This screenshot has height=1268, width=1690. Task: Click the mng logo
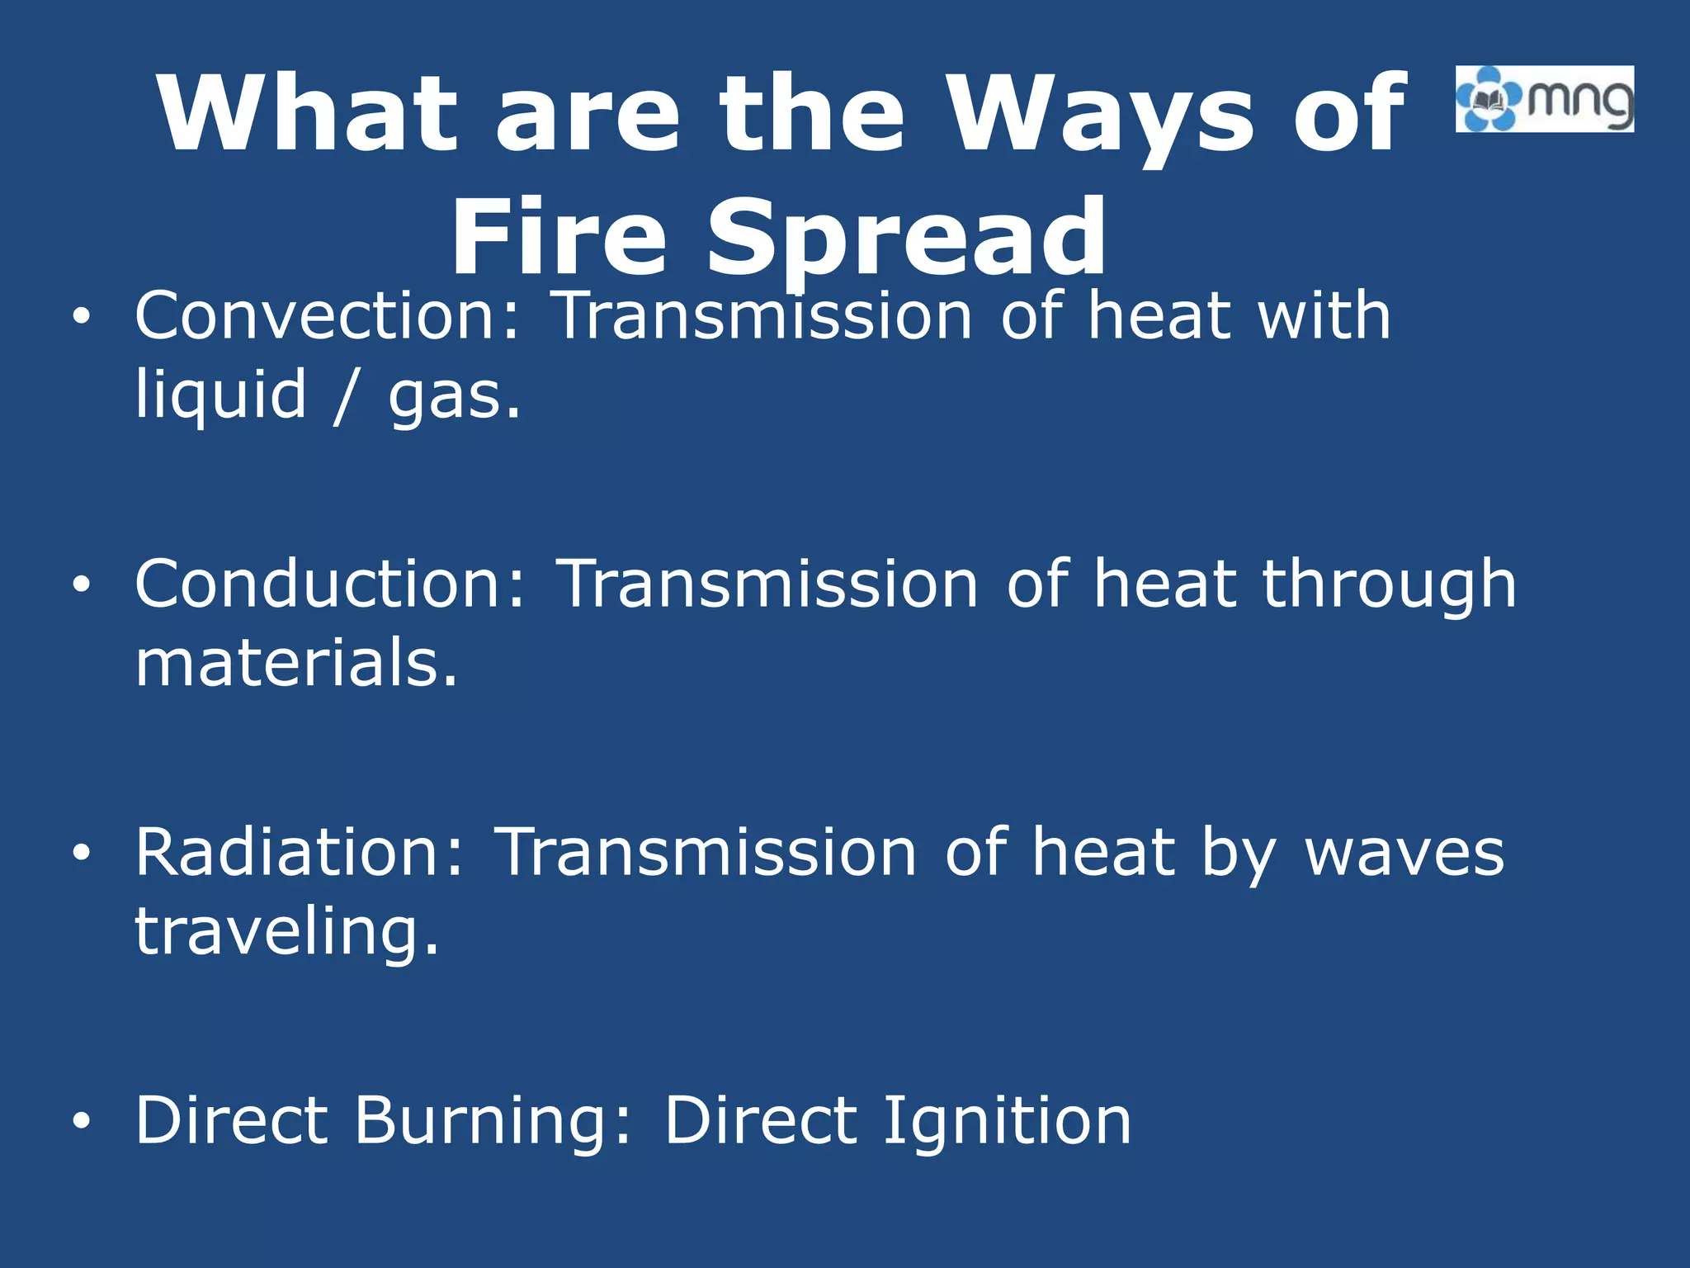pos(1544,99)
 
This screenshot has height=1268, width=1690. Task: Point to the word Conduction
pos(330,584)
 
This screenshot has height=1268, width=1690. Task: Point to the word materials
pos(295,663)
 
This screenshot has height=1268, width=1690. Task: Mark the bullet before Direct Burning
pos(80,1120)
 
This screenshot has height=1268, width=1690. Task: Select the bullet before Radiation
pos(80,853)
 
